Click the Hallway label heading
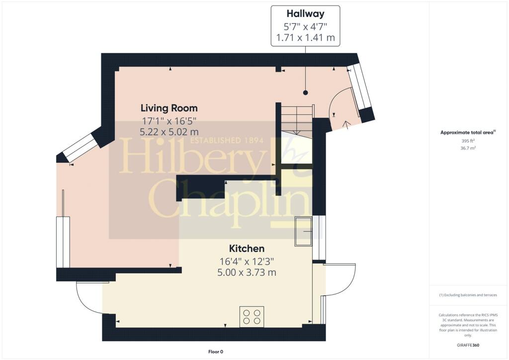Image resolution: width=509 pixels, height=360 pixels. click(x=305, y=13)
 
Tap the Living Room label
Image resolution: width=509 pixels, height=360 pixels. click(x=169, y=108)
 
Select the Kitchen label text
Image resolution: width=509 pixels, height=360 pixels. click(x=247, y=249)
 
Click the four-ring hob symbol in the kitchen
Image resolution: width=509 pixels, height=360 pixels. click(x=252, y=317)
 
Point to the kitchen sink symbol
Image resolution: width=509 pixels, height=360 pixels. click(x=303, y=231)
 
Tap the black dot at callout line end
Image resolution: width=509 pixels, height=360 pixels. click(x=305, y=93)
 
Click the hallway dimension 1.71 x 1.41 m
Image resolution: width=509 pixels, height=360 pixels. click(x=305, y=38)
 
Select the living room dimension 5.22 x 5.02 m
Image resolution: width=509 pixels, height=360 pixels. click(x=169, y=132)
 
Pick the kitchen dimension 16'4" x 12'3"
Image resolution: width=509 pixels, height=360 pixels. click(x=247, y=262)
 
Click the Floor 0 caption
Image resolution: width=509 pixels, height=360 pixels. click(x=216, y=352)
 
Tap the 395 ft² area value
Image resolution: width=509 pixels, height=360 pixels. click(x=468, y=141)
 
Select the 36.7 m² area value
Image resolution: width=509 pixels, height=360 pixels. click(x=468, y=148)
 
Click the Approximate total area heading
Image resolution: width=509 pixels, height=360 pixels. click(x=468, y=132)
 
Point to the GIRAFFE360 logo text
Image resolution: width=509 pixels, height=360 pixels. click(x=468, y=345)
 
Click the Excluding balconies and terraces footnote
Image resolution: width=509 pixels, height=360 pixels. click(x=468, y=295)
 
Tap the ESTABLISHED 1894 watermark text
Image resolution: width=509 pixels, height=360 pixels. click(x=227, y=140)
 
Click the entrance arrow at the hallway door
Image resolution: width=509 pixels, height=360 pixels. click(x=346, y=125)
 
